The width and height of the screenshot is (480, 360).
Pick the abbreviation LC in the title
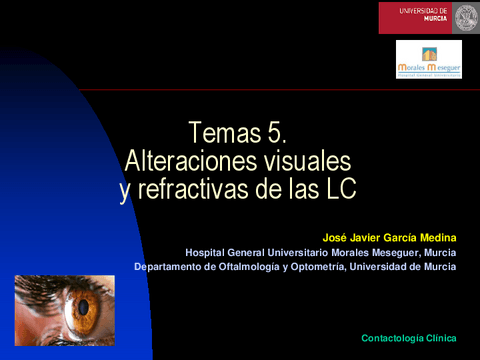click(339, 189)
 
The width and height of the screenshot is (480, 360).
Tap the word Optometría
click(321, 267)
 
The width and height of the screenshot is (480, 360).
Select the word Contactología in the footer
click(393, 340)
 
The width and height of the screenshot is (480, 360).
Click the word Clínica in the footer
click(441, 340)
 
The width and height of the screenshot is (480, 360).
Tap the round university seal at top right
click(466, 17)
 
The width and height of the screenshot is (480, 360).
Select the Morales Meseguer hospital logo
click(428, 60)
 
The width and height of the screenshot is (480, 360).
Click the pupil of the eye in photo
click(82, 303)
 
